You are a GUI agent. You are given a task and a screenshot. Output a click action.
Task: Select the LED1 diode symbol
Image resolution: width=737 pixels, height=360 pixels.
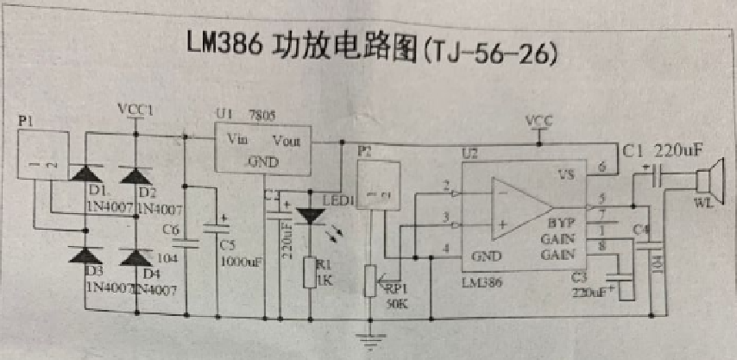pos(309,217)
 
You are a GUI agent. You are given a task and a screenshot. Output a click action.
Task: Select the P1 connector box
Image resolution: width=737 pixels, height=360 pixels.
pos(42,156)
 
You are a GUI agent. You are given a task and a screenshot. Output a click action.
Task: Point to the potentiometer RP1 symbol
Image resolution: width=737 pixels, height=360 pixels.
pos(372,279)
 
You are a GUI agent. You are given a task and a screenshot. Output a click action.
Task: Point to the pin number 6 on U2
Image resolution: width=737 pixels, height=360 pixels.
pos(602,165)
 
